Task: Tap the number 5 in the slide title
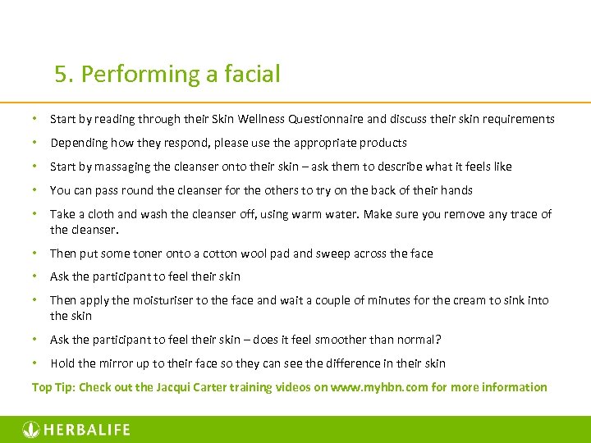pos(60,75)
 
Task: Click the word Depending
pos(78,143)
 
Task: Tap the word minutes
pos(389,300)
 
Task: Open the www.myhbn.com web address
pos(379,387)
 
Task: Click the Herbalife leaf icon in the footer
pos(30,429)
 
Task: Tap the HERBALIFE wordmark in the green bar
pos(86,429)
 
